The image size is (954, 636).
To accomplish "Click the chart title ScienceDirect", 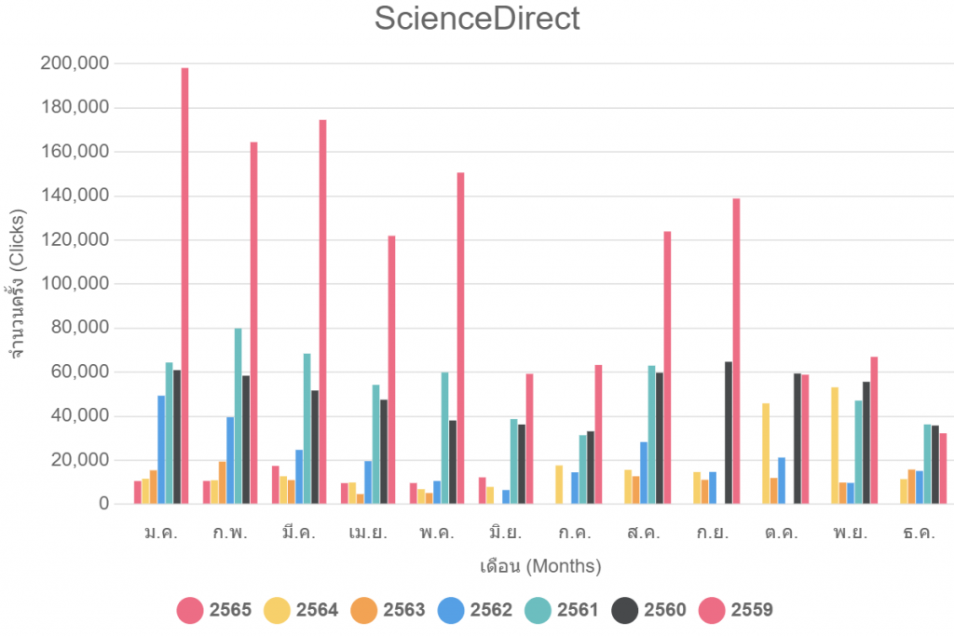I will coord(477,19).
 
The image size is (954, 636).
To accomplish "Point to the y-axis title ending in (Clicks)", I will coord(17,283).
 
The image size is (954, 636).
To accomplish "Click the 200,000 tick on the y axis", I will coord(75,63).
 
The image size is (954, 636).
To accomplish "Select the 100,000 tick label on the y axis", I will coord(75,284).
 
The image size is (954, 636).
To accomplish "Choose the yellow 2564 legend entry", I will coord(301,611).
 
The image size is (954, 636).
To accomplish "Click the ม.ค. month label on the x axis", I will coord(161,534).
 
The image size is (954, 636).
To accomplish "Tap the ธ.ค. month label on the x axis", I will coord(919,534).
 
